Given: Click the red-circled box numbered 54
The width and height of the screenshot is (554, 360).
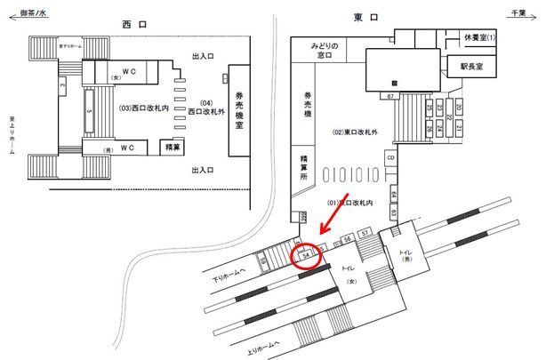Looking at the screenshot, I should (307, 255).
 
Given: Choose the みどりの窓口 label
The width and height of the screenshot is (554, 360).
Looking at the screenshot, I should (326, 51).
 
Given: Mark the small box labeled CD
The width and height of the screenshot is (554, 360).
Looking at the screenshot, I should (390, 158).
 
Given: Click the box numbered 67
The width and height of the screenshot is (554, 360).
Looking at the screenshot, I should (390, 95).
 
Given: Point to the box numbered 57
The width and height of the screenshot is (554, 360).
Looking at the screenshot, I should (365, 233).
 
